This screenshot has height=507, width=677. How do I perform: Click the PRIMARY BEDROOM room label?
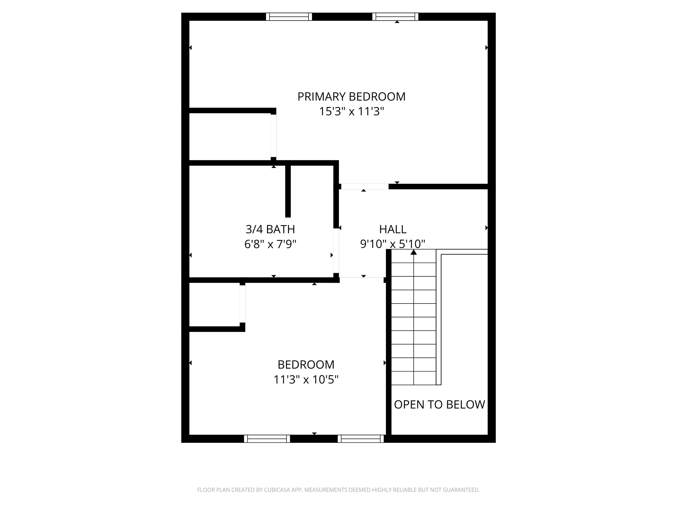point(351,97)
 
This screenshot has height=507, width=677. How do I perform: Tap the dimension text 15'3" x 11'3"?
point(351,112)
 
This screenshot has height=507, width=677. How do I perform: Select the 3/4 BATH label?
point(270,229)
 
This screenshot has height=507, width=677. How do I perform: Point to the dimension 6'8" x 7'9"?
point(270,244)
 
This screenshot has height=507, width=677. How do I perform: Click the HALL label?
point(393,229)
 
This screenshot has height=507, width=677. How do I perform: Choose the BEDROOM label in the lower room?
point(306,365)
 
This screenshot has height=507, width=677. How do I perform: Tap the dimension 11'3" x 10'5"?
point(306,380)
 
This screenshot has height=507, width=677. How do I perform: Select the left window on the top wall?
point(289,17)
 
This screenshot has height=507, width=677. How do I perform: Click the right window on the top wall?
point(395,17)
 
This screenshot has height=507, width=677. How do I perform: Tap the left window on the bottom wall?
point(267,439)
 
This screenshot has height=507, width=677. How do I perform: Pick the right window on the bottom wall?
point(361,439)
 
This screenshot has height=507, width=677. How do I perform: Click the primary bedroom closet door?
point(273,136)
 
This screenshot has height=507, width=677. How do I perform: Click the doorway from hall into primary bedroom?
point(365,186)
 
